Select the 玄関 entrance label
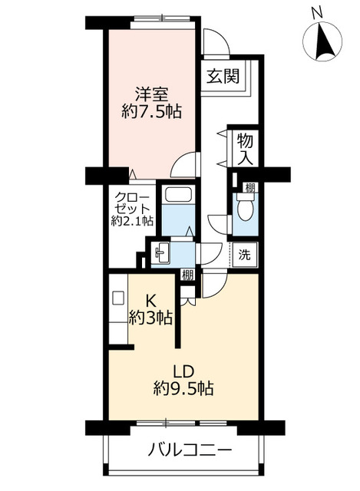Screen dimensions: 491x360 click(x=223, y=77)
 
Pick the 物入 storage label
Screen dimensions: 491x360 click(x=245, y=148)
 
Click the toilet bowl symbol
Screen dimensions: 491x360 click(x=245, y=207)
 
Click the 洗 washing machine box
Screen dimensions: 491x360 click(x=244, y=253)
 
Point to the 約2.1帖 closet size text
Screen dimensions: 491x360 click(x=131, y=221)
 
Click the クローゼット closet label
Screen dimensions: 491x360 click(x=131, y=201)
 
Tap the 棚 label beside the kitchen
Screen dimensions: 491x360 click(x=187, y=273)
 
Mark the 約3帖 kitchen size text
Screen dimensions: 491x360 click(x=150, y=317)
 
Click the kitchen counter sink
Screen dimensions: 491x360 click(x=118, y=298)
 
